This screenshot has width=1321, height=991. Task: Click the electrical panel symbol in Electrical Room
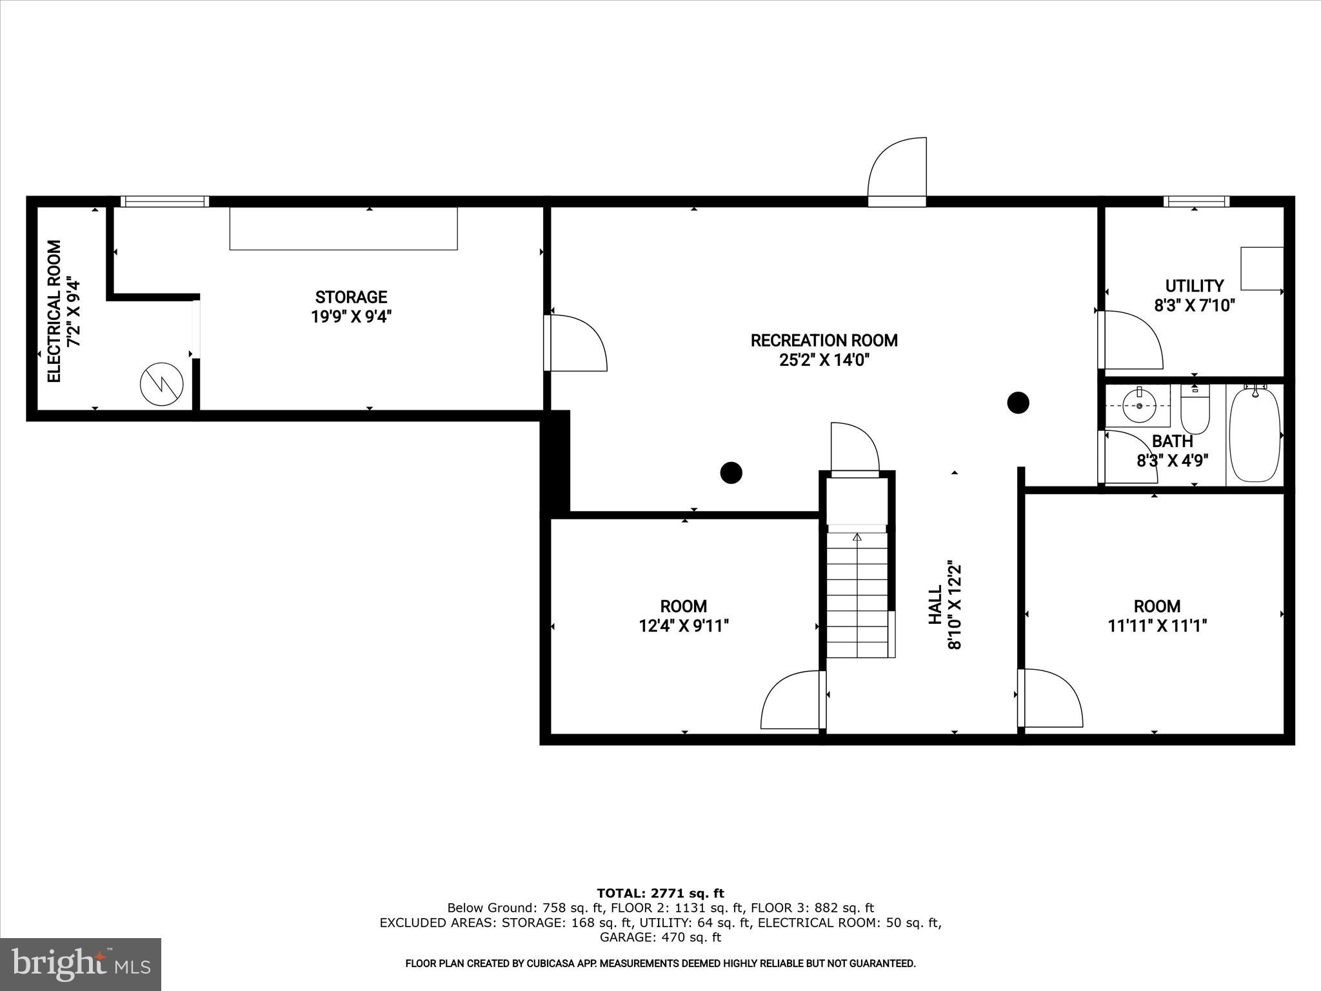coord(161,384)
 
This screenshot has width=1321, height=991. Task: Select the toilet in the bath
coord(1195,410)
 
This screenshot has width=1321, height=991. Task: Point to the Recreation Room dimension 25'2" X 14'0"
coord(824,360)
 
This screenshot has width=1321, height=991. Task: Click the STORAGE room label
coord(351,297)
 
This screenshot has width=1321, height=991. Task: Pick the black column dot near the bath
coord(1018,403)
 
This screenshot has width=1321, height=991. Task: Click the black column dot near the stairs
coord(731,472)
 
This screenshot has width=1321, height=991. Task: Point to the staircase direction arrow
coord(857,537)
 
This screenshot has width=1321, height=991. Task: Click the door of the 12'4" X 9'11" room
coord(792,701)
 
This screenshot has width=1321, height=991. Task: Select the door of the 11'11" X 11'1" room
coord(1050,699)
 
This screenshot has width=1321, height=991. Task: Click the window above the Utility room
coord(1196,201)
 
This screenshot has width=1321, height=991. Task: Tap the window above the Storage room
coord(165,201)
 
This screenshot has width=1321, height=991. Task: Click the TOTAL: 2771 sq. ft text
coord(660,893)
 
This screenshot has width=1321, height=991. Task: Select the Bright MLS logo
coord(81,963)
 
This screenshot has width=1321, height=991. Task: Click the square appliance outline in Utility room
coord(1262,268)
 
